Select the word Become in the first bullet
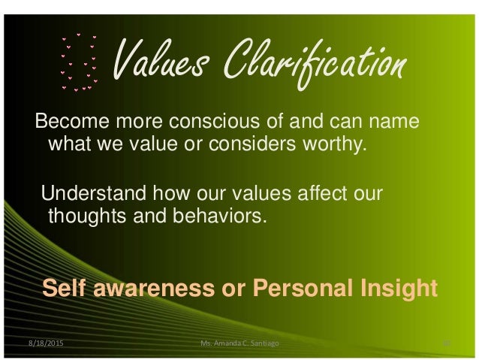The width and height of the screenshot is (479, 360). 71,121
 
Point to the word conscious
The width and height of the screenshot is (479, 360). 200,121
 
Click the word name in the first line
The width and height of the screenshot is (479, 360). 397,121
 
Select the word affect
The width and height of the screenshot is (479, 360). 315,195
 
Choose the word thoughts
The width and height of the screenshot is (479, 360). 80,217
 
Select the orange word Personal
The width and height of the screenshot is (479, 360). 289,289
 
